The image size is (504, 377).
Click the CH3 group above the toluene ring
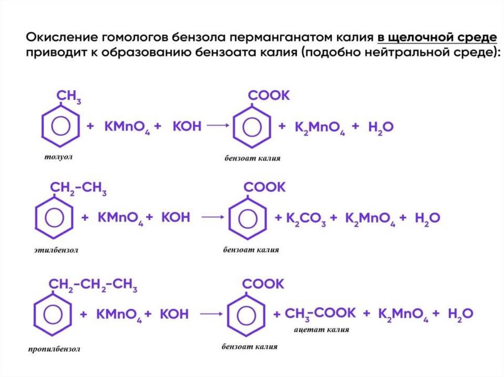(x=69, y=97)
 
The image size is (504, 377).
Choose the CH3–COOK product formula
(x=320, y=313)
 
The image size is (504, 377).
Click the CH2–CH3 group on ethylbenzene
(x=78, y=189)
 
